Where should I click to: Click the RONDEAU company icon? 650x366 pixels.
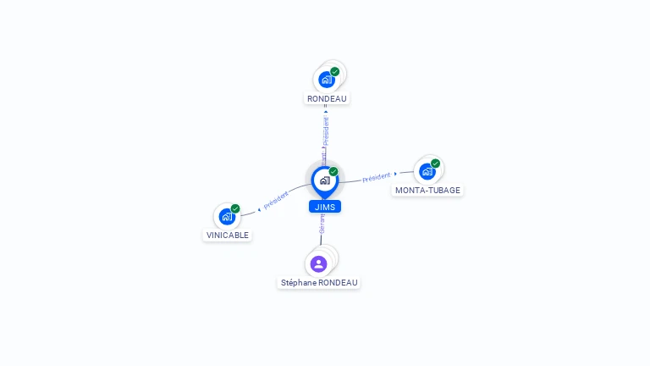326,80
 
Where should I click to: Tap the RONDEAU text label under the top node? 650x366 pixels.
327,99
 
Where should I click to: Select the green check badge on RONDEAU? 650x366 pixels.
335,72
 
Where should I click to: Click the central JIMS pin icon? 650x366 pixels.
324,180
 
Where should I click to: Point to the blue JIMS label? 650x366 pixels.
325,207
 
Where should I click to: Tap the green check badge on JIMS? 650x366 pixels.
333,172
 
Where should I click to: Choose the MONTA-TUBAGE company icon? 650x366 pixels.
427,171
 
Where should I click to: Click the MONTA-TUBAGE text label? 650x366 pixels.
428,191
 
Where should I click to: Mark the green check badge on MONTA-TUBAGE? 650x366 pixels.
436,164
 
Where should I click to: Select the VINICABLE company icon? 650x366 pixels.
226,216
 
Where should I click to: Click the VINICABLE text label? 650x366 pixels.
228,236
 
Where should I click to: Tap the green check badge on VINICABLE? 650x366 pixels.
235,208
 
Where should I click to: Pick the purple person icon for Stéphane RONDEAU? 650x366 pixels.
318,263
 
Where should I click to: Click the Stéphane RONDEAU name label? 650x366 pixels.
320,283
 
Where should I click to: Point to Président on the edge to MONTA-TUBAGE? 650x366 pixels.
376,177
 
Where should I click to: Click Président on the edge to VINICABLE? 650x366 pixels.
276,200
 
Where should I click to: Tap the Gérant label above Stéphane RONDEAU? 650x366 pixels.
322,225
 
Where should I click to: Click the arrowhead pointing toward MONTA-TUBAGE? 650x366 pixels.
395,174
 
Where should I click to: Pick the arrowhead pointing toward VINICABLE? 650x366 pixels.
258,208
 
